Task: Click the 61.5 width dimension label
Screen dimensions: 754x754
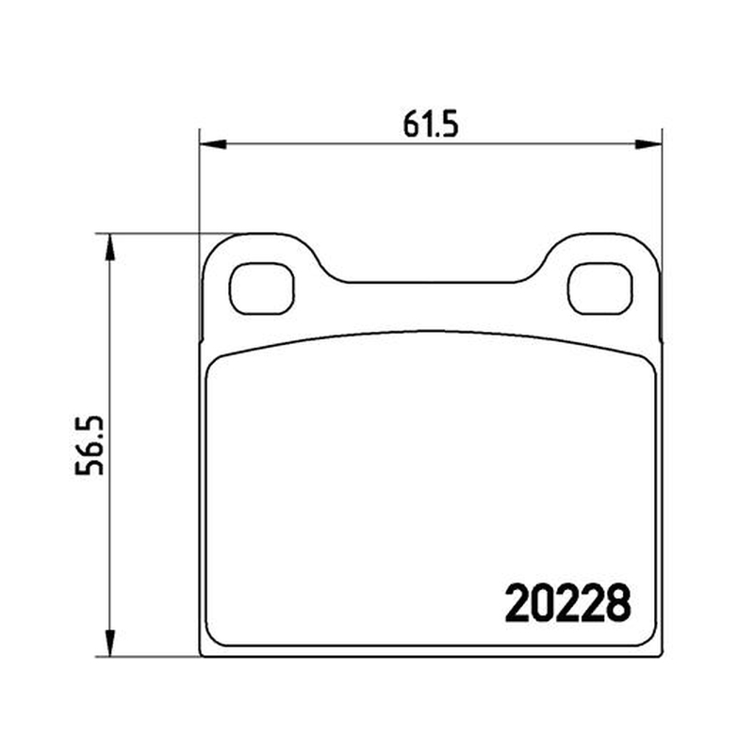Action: [x=431, y=123]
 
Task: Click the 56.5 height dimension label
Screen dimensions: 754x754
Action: [x=90, y=445]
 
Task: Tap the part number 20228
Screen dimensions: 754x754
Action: [x=567, y=602]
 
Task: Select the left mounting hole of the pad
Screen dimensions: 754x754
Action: [x=262, y=288]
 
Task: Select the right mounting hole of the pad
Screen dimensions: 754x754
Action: [x=600, y=288]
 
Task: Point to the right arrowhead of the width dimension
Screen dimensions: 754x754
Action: [x=648, y=144]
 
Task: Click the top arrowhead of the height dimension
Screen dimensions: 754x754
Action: [x=110, y=247]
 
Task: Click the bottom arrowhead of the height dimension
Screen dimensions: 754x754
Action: [x=110, y=643]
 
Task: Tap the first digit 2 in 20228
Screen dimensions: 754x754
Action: [x=516, y=602]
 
